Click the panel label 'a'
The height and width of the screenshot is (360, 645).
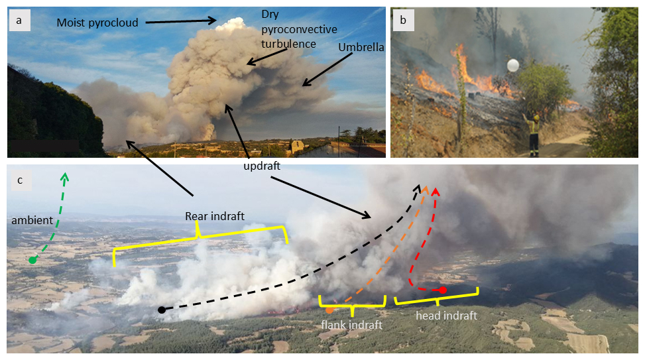(19, 20)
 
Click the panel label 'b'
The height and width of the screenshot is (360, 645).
(402, 20)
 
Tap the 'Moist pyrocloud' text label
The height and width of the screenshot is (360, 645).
(97, 23)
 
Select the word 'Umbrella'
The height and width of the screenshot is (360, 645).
(361, 48)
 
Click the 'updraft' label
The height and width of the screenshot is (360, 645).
(262, 166)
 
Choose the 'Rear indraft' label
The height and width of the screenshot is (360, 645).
(215, 216)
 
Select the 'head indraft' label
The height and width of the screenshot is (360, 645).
(446, 316)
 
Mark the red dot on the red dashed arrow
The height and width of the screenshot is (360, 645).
(443, 290)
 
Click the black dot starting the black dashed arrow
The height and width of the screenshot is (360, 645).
(161, 310)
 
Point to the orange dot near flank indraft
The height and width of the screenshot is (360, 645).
(329, 310)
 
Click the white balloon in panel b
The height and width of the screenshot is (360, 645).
(512, 65)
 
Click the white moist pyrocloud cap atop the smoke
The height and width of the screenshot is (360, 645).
(231, 25)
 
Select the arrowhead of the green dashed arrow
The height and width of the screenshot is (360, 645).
(65, 176)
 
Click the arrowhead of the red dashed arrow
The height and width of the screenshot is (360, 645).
(436, 192)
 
